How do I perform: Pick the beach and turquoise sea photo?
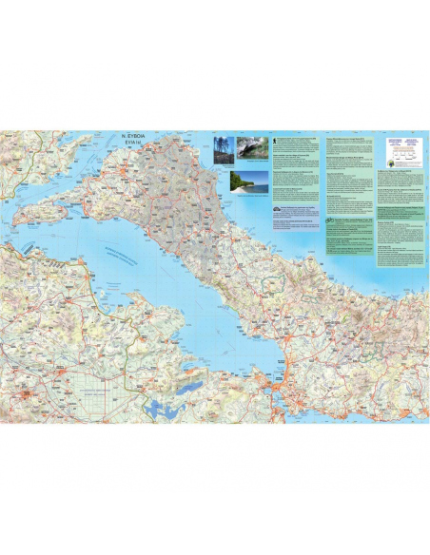(x=248, y=181)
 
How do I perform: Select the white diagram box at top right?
(x=403, y=148)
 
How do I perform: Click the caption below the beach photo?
(x=248, y=196)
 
